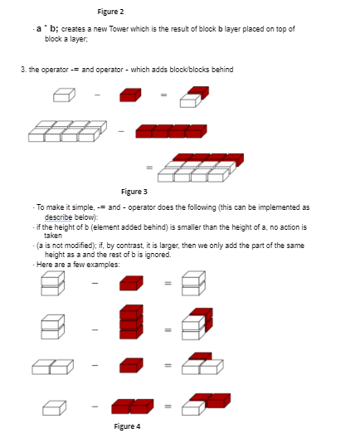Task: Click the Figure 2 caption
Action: coord(111,12)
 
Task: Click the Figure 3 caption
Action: coord(135,192)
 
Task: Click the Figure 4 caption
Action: coord(128,426)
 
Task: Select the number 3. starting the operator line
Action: coord(23,69)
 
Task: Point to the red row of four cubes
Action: coord(170,130)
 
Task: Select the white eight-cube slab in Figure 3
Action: coord(67,130)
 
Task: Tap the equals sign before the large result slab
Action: coord(150,168)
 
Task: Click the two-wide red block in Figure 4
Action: coord(133,406)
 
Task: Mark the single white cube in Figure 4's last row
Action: coord(53,406)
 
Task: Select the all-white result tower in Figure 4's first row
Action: coord(191,284)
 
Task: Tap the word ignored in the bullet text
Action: coord(159,255)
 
